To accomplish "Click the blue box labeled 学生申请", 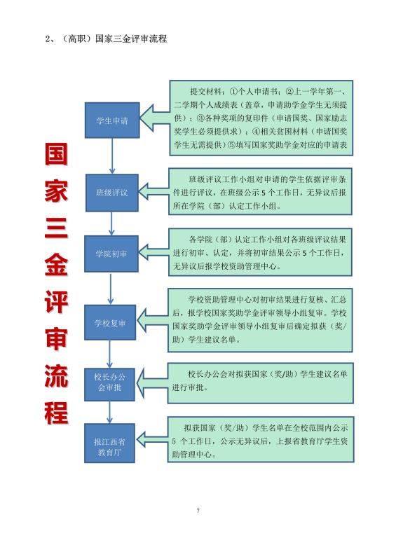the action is tap(112, 120).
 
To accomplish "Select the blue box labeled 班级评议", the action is tap(112, 193).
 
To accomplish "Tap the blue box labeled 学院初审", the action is tap(111, 254).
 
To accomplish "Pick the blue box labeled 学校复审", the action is tap(110, 322).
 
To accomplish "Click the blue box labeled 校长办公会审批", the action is tap(109, 385).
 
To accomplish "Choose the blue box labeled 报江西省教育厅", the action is tap(109, 443).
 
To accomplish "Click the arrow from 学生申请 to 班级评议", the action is tap(112, 156).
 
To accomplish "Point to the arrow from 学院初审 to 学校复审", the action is tap(111, 289).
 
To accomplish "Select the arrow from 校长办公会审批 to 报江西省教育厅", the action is tap(109, 412).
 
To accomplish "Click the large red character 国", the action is tap(56, 153).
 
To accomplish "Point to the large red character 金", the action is tap(56, 265).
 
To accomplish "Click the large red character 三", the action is tap(56, 228).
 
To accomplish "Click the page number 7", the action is tap(198, 511).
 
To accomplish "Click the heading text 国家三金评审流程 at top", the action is tap(131, 39).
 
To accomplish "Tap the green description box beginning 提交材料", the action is tap(261, 118).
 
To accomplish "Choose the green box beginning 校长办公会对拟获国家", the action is tap(261, 383).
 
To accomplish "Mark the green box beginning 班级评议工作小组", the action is tap(261, 191).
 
